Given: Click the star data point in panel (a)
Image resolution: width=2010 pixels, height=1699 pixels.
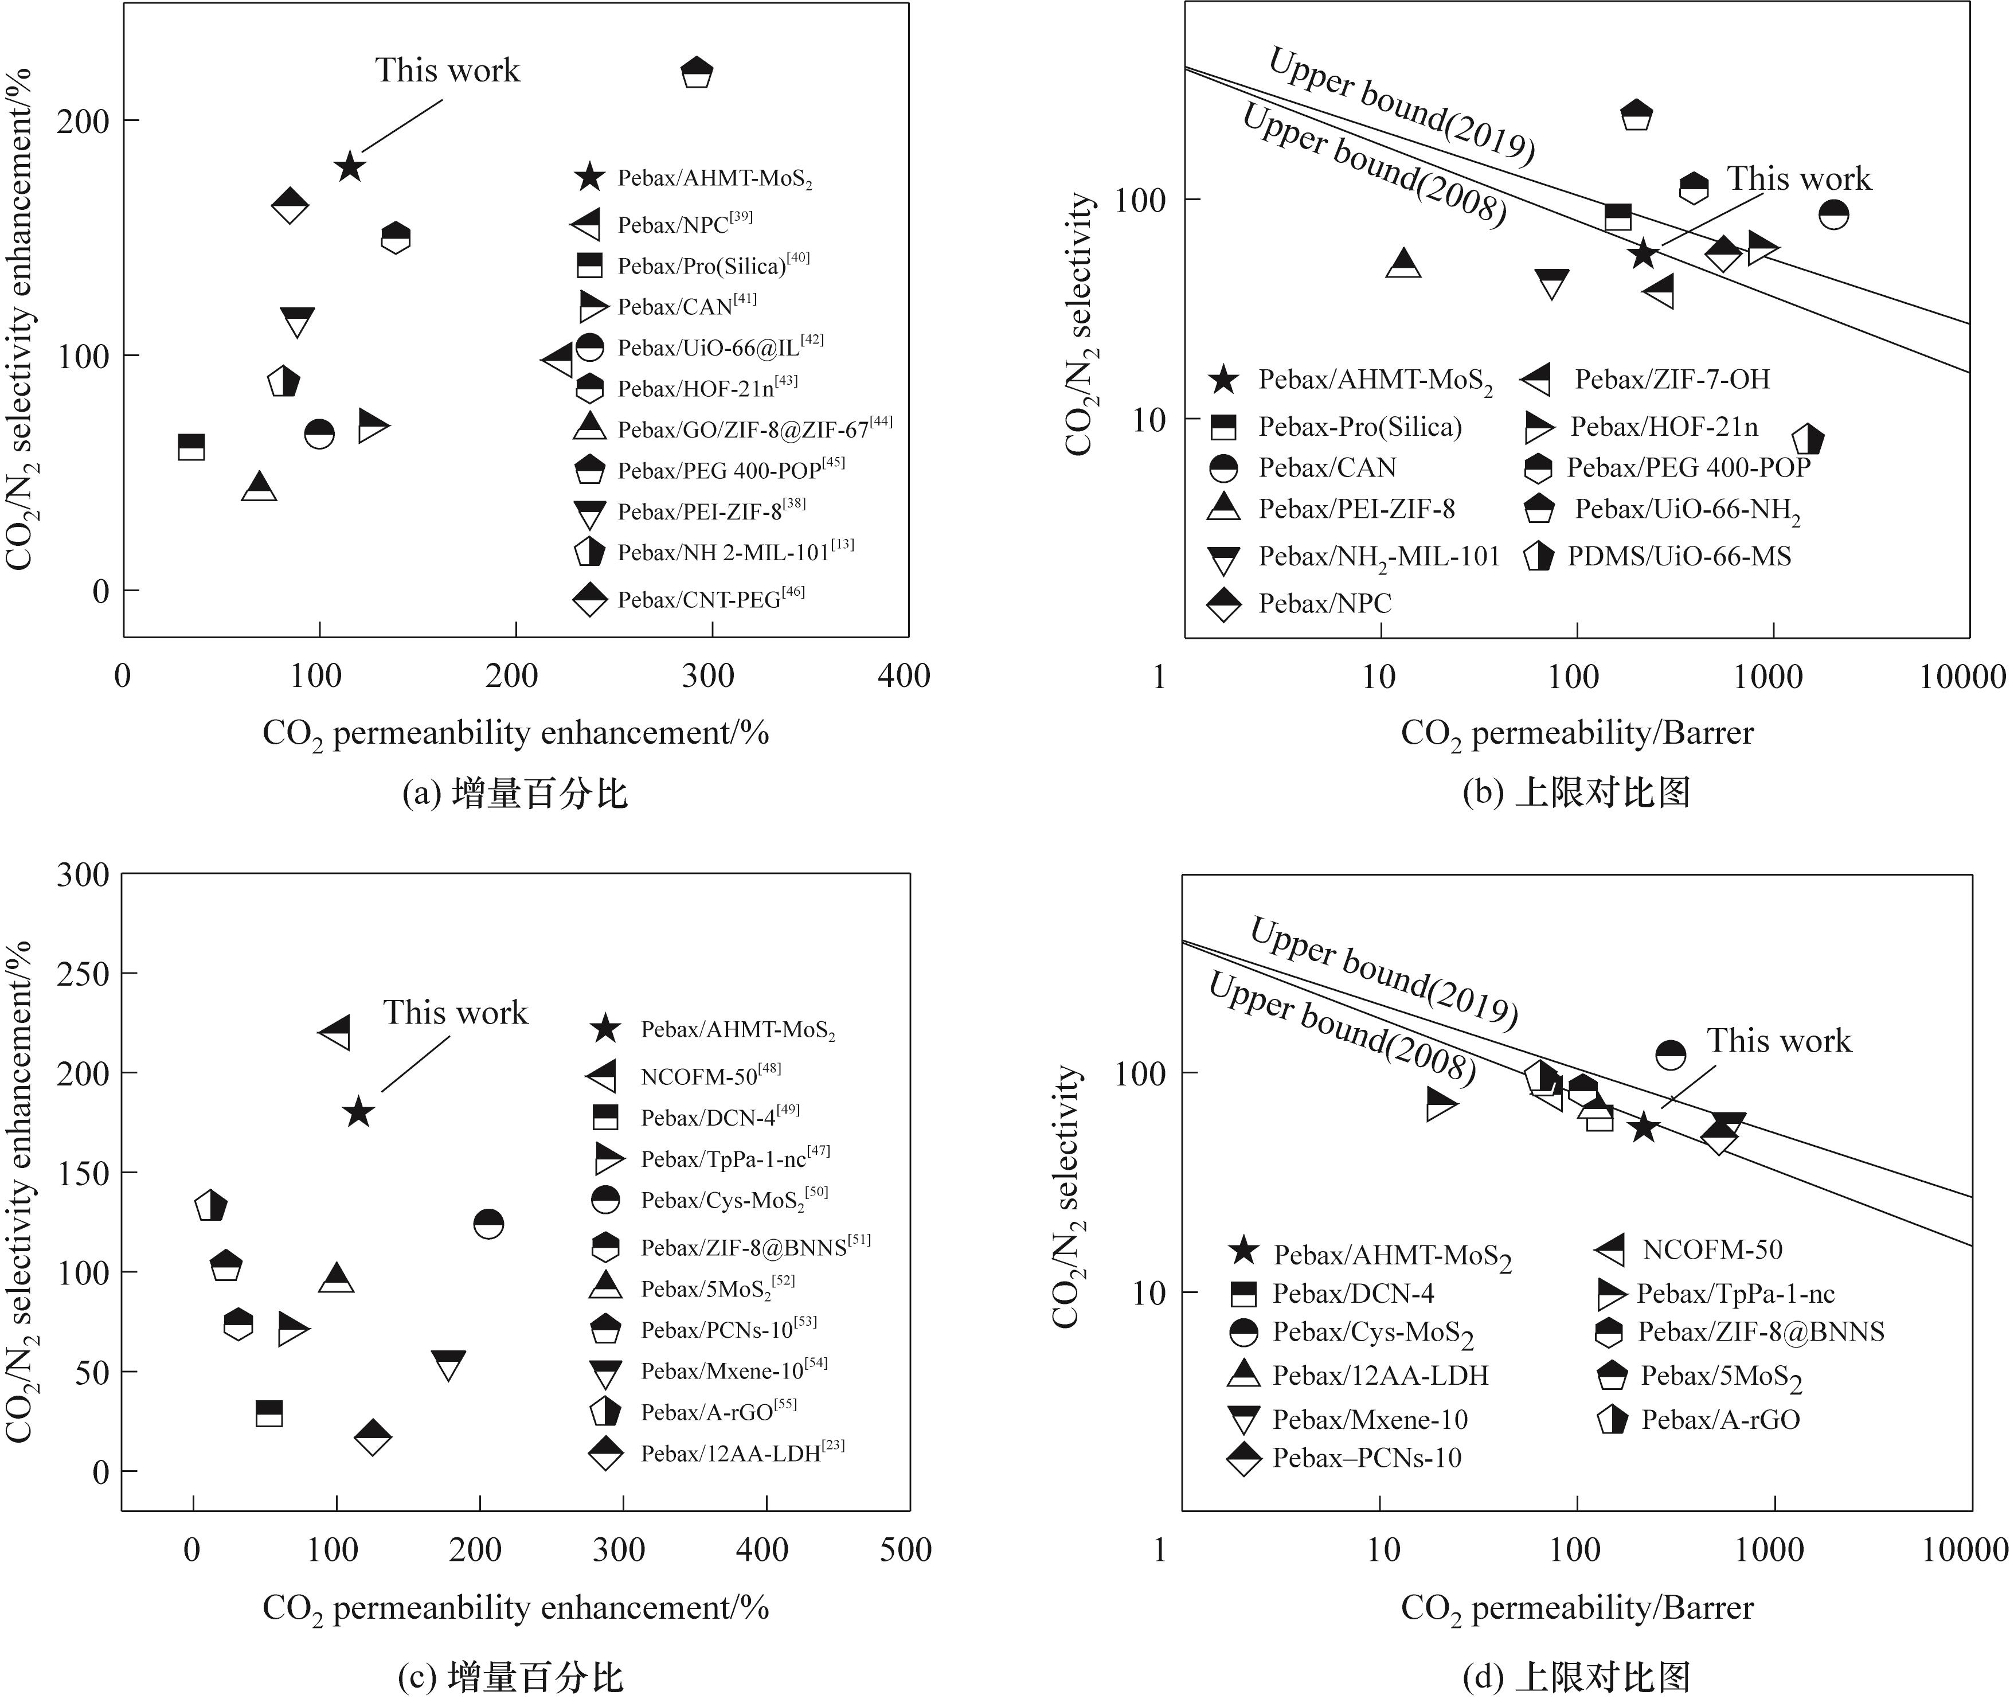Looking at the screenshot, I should [x=350, y=167].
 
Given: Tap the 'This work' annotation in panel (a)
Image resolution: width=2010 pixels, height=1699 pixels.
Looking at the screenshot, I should [x=447, y=71].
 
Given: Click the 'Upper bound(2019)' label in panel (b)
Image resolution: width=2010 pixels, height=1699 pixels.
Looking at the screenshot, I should [x=1401, y=105].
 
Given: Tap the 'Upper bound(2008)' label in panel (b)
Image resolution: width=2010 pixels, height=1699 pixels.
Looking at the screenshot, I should [x=1374, y=165].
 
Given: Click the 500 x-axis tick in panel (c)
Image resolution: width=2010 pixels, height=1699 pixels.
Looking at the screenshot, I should [x=905, y=1550].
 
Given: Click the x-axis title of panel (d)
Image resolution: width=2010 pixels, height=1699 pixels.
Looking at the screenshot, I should [x=1577, y=1607].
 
